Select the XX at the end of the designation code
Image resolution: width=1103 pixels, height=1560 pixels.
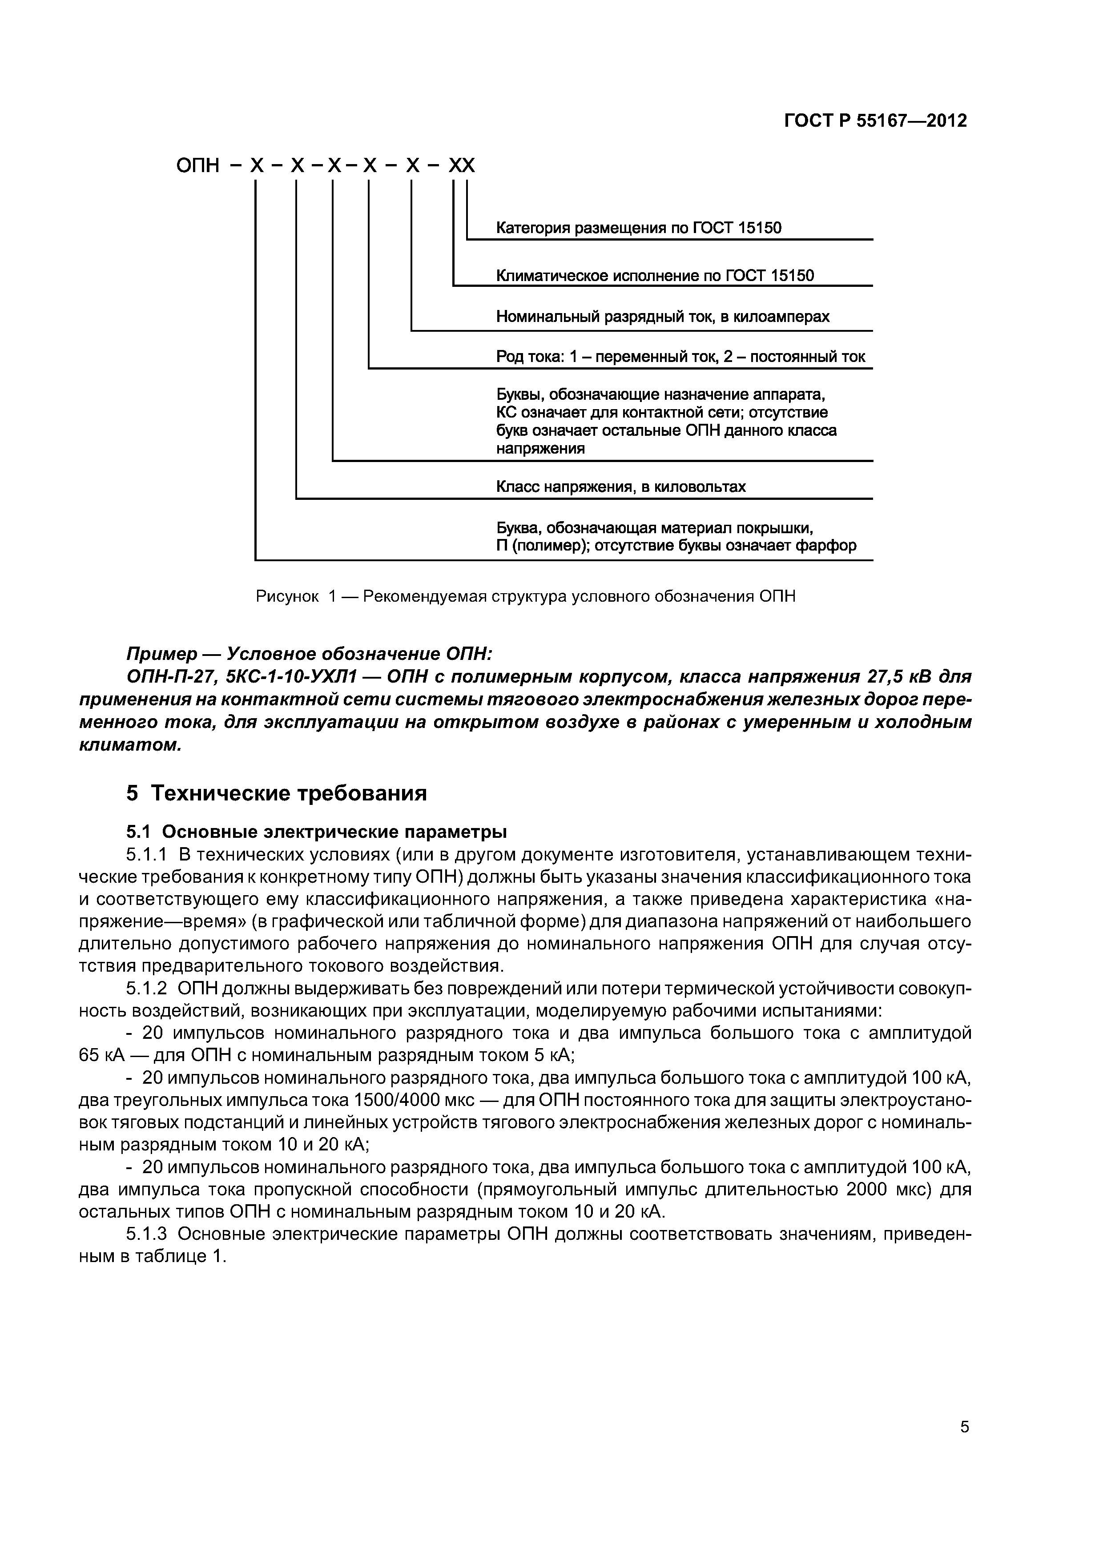point(462,166)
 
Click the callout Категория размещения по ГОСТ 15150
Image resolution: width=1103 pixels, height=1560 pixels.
point(638,228)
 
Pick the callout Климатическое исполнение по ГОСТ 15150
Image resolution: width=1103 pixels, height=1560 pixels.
point(654,275)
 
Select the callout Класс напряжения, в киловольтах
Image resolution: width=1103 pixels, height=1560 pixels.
point(620,486)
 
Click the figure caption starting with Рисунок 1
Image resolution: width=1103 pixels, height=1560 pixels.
point(525,596)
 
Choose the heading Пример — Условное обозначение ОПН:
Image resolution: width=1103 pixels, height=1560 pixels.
point(309,654)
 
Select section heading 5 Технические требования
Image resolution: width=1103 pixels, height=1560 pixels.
point(277,793)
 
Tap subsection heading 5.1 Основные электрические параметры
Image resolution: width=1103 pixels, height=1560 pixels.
point(317,832)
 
